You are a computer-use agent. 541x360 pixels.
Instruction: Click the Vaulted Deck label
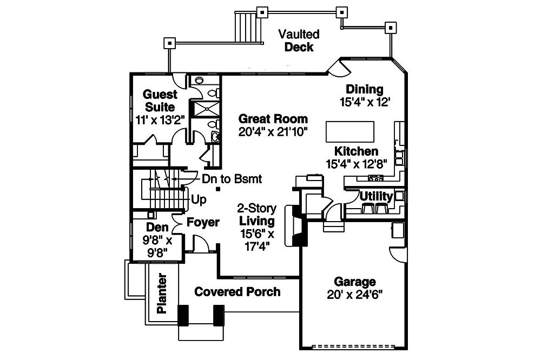click(x=299, y=41)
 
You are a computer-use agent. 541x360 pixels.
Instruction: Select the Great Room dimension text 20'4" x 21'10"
click(x=273, y=131)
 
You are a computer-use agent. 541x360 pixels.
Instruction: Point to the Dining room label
click(x=365, y=90)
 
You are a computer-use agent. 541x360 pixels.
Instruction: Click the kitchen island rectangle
click(x=349, y=131)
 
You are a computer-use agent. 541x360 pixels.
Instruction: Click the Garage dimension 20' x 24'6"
click(x=355, y=295)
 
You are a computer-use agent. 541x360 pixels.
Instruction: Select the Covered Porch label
click(x=237, y=292)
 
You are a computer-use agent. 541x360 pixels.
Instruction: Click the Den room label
click(x=157, y=228)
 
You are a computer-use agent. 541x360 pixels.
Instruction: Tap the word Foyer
click(x=203, y=222)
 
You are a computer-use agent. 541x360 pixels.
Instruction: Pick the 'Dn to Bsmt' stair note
click(x=232, y=178)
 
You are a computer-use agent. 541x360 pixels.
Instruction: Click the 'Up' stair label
click(x=199, y=199)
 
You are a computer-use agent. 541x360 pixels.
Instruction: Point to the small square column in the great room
click(x=217, y=189)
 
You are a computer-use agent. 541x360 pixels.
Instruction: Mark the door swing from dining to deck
click(x=339, y=66)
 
